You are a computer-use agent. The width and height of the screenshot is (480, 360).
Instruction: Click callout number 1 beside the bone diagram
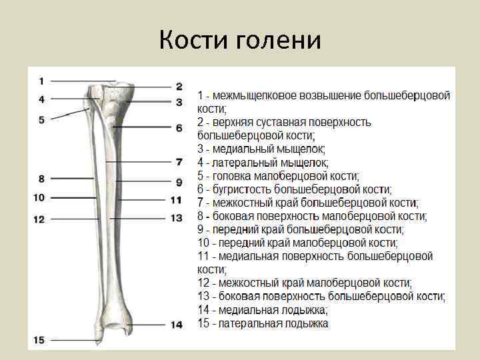41,81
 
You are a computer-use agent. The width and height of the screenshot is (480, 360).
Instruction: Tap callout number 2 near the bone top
179,86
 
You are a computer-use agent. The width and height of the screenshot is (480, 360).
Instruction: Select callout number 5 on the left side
41,120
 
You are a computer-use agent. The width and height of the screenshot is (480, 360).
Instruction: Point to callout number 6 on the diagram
179,127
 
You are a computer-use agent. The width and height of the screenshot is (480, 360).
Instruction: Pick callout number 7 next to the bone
179,161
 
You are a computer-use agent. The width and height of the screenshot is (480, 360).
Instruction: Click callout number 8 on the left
41,179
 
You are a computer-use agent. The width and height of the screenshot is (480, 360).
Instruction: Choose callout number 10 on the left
38,197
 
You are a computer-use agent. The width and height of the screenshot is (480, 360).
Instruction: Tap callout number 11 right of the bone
176,199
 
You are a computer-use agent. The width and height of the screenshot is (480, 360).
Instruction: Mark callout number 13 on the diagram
176,218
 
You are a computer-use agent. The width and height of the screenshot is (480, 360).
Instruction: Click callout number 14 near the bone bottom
176,325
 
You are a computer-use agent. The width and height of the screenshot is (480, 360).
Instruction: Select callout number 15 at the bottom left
38,340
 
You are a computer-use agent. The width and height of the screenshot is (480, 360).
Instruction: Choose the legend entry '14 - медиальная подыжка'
263,310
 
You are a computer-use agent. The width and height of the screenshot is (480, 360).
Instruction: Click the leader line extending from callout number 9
144,181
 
